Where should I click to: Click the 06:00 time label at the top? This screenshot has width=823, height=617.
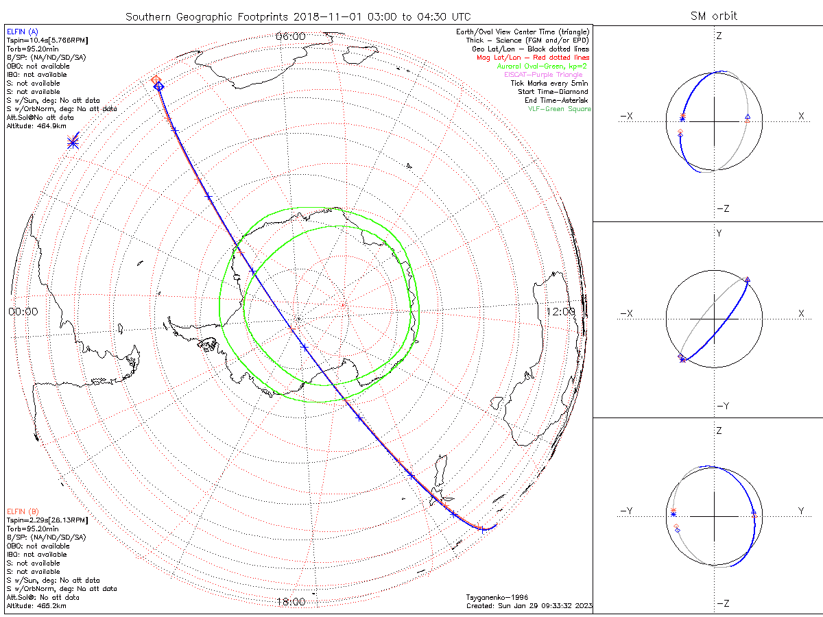(x=290, y=36)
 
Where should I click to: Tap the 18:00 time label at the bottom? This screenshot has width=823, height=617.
(x=290, y=602)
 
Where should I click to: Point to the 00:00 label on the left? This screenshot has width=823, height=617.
(x=23, y=311)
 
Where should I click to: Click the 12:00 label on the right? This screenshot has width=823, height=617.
(x=560, y=311)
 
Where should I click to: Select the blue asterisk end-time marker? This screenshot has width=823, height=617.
(x=73, y=143)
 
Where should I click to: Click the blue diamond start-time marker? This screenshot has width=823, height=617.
(x=158, y=86)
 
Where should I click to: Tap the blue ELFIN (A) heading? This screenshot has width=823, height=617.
(x=23, y=32)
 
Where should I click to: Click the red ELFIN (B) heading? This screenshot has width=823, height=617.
(x=23, y=511)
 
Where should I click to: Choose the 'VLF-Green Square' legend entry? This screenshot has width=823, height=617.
(x=558, y=109)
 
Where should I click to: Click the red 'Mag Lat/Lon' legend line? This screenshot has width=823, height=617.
(x=532, y=58)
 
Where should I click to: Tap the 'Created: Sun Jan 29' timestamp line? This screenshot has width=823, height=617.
(x=529, y=606)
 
